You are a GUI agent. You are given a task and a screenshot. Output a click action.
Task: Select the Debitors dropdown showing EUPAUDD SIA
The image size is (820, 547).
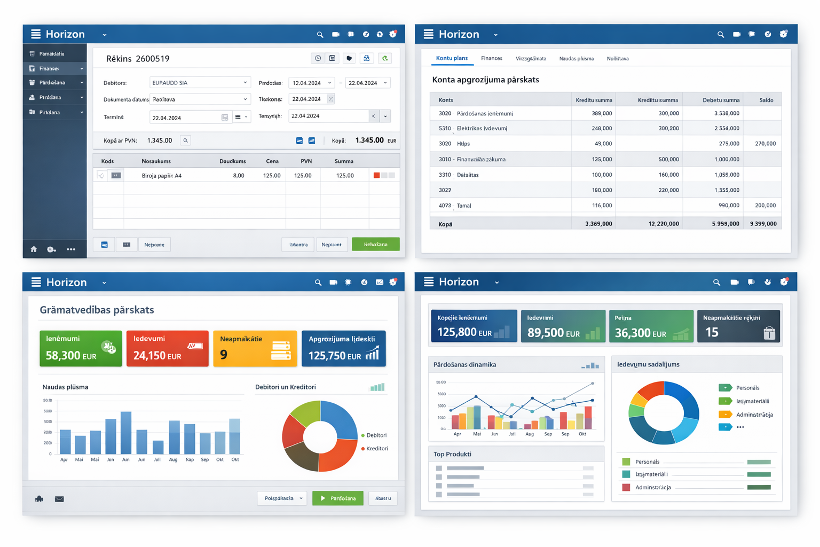[199, 83]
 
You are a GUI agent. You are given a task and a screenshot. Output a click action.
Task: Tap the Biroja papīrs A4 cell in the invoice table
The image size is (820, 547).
[162, 176]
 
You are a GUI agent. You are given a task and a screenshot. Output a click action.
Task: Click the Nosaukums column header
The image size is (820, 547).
[156, 161]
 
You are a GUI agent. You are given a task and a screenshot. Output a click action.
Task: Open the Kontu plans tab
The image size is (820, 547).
[452, 58]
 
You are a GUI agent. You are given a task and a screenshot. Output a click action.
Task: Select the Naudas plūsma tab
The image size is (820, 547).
[576, 59]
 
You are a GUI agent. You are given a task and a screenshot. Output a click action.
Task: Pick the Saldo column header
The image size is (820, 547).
[766, 100]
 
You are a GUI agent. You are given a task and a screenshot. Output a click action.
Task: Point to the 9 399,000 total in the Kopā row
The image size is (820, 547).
[763, 224]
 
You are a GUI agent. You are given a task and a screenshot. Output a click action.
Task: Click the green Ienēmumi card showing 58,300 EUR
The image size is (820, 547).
[81, 348]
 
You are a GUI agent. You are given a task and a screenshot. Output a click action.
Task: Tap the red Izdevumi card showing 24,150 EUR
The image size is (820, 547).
[167, 348]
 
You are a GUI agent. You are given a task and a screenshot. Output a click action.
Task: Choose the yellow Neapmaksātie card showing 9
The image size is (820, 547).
[255, 348]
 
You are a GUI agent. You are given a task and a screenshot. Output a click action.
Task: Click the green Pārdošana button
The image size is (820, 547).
[337, 498]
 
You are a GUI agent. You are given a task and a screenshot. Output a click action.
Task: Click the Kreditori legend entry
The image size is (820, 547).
[377, 449]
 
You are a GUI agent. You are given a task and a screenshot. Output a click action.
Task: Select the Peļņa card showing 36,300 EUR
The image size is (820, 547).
[651, 326]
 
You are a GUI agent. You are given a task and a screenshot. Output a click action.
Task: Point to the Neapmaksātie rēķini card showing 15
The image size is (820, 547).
[738, 326]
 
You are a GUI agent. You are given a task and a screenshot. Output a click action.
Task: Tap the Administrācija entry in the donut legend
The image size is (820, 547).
[754, 415]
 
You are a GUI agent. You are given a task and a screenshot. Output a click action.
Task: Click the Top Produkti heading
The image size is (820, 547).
[452, 454]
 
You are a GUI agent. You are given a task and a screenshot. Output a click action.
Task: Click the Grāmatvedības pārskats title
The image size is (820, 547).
[97, 310]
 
